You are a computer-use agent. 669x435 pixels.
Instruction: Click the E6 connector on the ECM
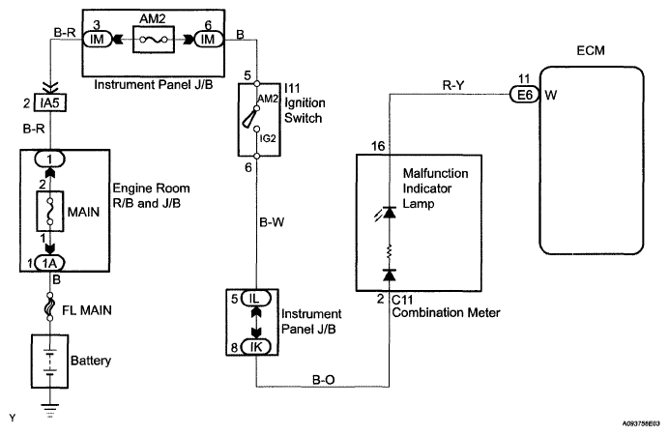(524, 94)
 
